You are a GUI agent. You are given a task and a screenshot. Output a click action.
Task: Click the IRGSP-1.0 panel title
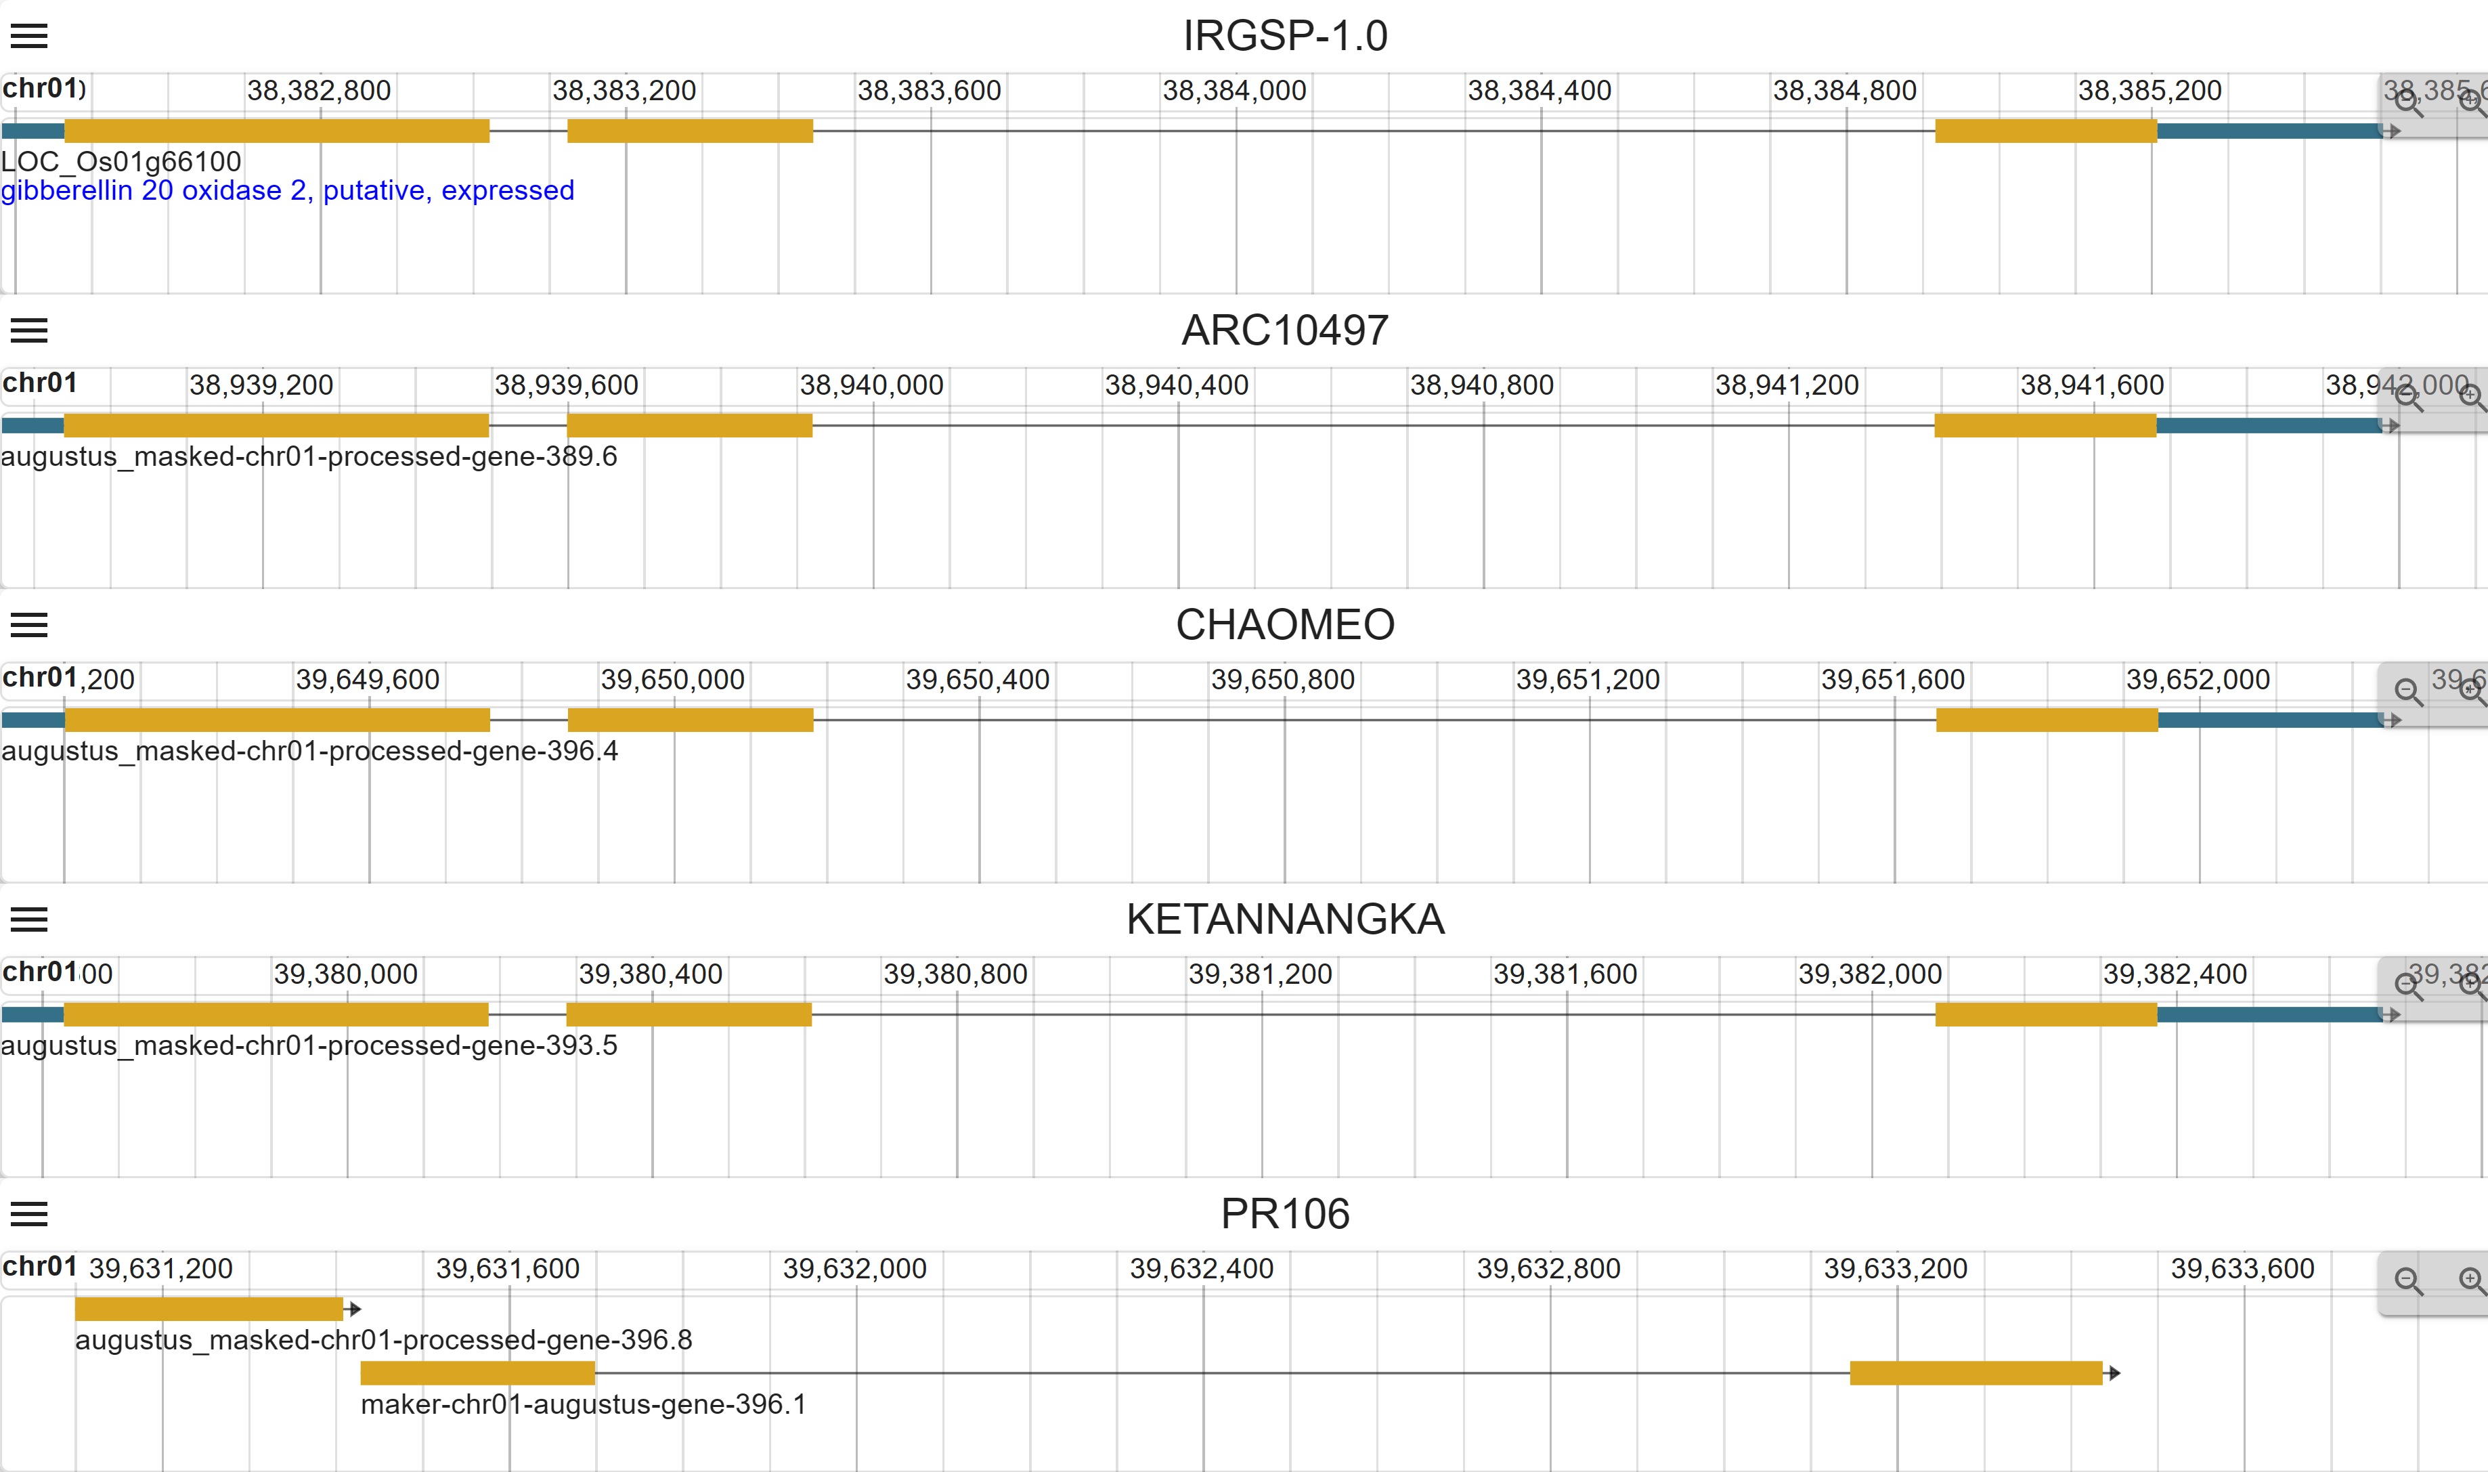tap(1284, 36)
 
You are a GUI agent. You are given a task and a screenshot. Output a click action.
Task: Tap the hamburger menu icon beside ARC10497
tap(28, 330)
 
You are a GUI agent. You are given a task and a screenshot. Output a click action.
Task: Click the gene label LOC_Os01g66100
tap(121, 160)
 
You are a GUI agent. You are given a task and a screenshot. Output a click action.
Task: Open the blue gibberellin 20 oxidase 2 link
tap(288, 190)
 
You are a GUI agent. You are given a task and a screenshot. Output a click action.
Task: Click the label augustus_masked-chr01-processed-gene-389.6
tap(309, 456)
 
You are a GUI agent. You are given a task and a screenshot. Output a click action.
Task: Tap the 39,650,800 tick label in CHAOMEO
tap(1282, 679)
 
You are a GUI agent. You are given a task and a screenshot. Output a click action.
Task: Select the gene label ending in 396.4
tap(309, 751)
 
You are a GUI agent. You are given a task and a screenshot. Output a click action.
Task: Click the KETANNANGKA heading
tap(1284, 919)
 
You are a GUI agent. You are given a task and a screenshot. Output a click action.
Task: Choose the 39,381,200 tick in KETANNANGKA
tap(1261, 974)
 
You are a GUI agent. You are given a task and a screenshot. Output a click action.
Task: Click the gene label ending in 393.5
tap(309, 1045)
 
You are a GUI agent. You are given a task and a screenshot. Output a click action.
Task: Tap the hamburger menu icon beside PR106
tap(28, 1214)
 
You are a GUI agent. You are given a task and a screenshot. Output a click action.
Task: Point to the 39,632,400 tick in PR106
tap(1201, 1269)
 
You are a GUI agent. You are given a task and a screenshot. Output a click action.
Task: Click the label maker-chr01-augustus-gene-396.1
tap(583, 1404)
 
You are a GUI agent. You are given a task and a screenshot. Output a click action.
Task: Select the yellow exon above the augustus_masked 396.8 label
tap(209, 1309)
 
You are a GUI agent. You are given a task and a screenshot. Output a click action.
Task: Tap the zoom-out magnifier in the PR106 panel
tap(2407, 1280)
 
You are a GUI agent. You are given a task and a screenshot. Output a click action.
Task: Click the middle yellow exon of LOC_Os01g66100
tap(689, 131)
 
